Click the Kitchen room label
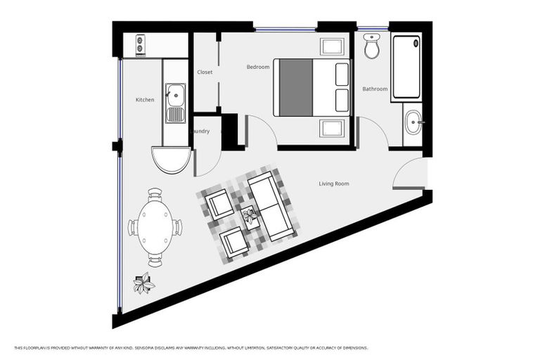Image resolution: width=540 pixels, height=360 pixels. coord(145,100)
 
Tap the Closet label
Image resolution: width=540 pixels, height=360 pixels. coord(205,72)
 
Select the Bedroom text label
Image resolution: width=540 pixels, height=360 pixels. coord(257,67)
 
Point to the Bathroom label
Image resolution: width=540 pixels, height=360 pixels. coord(375,89)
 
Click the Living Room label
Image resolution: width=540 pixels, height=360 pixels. coord(334,184)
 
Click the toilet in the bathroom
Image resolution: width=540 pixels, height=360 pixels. coord(372,47)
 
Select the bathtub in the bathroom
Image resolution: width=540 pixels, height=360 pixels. coord(406,67)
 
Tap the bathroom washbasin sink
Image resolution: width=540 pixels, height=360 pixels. coord(412,122)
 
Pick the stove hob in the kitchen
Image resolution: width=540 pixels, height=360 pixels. coord(140,46)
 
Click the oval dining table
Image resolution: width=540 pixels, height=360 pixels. coord(155,227)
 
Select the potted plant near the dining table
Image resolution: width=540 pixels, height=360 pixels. coord(144,284)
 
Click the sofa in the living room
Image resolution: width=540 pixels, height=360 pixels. coord(271,207)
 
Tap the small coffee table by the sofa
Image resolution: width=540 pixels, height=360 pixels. coord(248,215)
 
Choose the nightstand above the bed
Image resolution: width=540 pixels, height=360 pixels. coord(332,47)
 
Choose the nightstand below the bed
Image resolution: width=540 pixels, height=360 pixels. coord(332,129)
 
